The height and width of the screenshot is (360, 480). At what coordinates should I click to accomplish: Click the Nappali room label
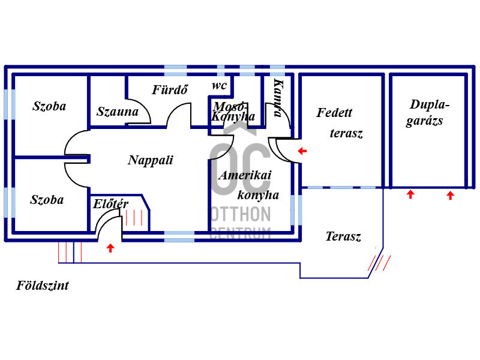point(151,160)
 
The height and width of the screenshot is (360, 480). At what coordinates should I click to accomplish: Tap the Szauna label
point(118,112)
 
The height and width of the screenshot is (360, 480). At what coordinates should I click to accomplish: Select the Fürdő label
point(170,89)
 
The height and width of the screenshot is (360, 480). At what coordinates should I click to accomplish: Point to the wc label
point(219,85)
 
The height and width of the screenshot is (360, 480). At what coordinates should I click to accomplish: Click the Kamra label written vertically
point(278,98)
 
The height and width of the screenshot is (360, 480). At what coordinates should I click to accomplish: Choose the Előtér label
point(110,204)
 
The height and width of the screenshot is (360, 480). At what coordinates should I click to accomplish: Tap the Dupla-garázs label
point(427,112)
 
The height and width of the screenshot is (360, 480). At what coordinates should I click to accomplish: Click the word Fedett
point(334,113)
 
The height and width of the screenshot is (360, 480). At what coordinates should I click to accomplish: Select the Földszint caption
point(43,286)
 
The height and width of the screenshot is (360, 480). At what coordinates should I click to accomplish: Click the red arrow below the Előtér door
point(110,248)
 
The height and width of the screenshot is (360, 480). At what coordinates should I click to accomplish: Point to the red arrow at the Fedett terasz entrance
point(302,151)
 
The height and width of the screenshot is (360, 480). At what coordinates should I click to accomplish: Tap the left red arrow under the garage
point(410,194)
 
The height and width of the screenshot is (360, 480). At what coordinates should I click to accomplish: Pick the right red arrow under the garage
point(450,196)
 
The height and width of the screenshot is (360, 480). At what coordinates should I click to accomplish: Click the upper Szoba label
point(49,106)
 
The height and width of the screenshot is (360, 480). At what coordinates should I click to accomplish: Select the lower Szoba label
point(47,200)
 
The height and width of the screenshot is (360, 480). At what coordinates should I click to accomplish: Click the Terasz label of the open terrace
point(343,236)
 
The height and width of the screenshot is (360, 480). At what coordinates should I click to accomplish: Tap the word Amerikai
point(245,175)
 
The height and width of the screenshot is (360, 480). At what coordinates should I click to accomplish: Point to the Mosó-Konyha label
point(233,112)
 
